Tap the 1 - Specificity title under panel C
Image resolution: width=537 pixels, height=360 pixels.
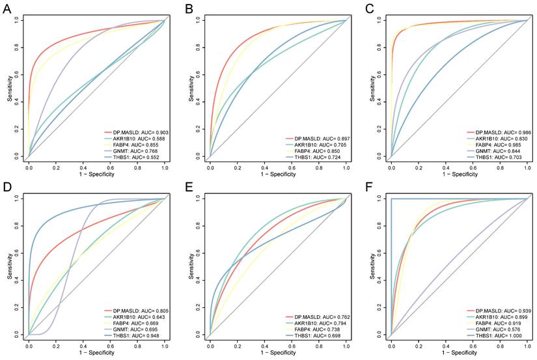(459, 174)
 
